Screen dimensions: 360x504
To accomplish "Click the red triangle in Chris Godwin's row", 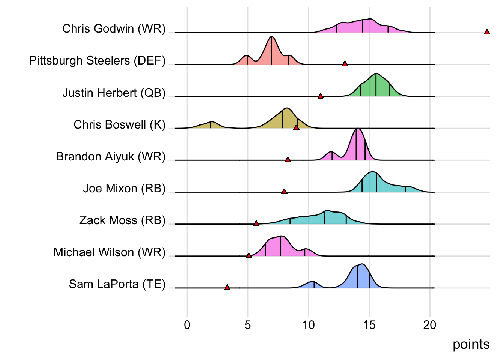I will (x=487, y=32).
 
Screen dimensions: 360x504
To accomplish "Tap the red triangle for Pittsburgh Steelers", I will (x=345, y=64).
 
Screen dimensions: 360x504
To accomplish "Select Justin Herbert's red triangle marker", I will (x=321, y=96).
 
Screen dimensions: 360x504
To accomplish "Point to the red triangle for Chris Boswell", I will (x=296, y=128).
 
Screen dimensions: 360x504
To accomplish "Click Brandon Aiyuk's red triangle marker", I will (x=288, y=160).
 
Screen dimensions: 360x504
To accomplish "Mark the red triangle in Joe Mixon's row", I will (x=284, y=192).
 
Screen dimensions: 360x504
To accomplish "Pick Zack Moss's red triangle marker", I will (x=256, y=223).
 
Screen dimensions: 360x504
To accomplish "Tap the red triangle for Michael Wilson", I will (x=249, y=255).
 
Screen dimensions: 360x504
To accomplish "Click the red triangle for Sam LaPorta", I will (x=227, y=287).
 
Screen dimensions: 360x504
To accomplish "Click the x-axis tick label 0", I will (x=187, y=325).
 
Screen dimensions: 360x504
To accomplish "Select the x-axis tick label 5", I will (x=248, y=325).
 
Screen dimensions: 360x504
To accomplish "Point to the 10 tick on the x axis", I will (x=308, y=325).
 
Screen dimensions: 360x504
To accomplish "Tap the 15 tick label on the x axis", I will (x=369, y=325).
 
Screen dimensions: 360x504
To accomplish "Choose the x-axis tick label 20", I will (x=430, y=325).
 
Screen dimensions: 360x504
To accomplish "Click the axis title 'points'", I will (x=471, y=344).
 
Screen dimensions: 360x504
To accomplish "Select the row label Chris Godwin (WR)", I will (x=114, y=28).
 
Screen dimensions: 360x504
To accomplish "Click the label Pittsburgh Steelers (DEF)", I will (x=97, y=60).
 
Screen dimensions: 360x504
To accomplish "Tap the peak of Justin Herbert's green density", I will (x=376, y=73).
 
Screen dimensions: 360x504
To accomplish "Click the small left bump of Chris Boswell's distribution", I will (x=211, y=122).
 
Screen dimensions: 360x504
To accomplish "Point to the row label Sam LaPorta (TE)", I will (x=117, y=284).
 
